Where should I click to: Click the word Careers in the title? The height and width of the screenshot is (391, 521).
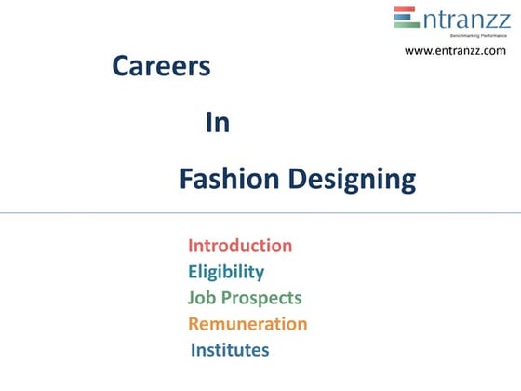click(160, 67)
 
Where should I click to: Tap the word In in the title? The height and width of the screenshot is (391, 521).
click(217, 124)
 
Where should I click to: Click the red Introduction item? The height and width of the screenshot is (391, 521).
click(240, 246)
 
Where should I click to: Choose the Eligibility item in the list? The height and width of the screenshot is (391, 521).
click(226, 272)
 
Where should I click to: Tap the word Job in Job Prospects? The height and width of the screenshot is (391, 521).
click(201, 298)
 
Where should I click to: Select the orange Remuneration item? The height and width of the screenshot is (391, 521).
click(247, 324)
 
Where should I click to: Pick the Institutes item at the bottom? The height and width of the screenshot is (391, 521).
click(230, 350)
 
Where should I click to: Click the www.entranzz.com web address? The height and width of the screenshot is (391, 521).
click(455, 50)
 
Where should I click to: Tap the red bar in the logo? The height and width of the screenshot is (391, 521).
click(406, 10)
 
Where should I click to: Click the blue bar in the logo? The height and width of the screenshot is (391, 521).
click(406, 18)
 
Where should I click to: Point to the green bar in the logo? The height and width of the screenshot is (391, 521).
click(406, 25)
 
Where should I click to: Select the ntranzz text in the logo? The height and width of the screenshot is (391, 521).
click(463, 19)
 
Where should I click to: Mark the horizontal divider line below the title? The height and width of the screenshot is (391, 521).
click(260, 213)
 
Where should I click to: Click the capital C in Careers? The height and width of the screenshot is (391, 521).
click(120, 67)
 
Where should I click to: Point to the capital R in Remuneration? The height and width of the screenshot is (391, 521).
click(194, 324)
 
